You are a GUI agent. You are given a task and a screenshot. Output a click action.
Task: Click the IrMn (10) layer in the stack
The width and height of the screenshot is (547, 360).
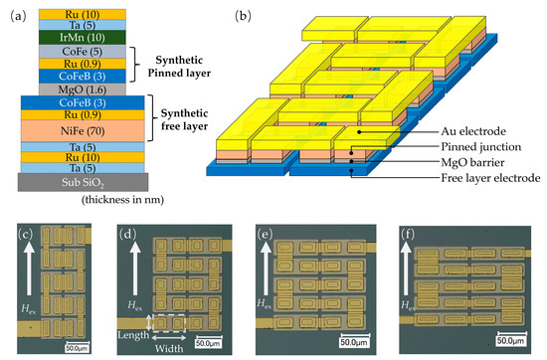click(x=78, y=37)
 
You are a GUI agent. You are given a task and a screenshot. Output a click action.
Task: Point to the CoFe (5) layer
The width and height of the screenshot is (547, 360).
click(x=78, y=50)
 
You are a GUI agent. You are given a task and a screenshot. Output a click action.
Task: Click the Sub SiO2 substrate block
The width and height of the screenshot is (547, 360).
click(x=78, y=182)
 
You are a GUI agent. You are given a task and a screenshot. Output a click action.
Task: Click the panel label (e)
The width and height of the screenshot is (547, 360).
click(x=266, y=237)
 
